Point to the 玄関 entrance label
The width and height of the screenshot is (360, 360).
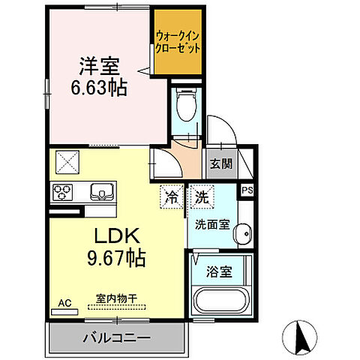(x=220, y=164)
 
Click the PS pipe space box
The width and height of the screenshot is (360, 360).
(x=247, y=191)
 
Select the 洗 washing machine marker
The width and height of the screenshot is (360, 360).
(x=202, y=198)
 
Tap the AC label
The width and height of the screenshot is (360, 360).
(x=65, y=303)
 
